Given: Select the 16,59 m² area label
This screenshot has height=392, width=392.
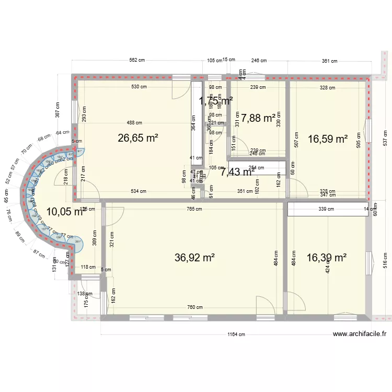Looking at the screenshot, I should (328, 139).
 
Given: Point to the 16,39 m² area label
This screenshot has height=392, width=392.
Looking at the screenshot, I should (327, 257).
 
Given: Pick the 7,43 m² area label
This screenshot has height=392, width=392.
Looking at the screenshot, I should (238, 171).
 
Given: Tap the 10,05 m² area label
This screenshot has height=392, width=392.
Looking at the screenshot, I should (65, 212).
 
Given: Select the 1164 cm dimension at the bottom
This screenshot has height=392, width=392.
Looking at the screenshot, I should (236, 336).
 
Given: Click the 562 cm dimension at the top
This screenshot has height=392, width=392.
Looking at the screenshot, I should (137, 61).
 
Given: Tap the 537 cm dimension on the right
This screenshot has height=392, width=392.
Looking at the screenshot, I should (386, 137).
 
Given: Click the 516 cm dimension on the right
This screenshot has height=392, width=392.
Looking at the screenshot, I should (386, 260).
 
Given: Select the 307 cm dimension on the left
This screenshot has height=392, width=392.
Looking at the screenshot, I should (59, 110).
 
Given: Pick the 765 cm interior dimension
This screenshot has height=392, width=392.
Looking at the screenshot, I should (194, 209).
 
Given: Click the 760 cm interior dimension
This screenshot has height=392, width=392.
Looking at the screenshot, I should (195, 307).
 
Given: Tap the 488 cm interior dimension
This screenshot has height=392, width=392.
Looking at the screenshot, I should (134, 123).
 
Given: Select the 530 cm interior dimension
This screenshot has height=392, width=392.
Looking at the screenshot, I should (139, 87).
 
